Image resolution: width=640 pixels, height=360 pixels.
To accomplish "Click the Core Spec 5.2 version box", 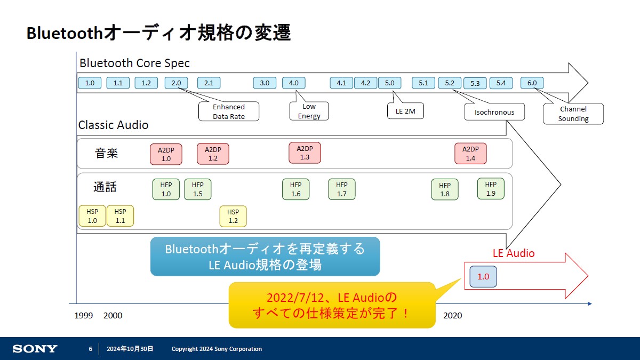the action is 450,83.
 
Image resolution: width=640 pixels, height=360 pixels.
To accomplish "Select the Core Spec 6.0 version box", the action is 532,83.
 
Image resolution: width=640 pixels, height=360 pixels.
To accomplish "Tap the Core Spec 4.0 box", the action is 294,83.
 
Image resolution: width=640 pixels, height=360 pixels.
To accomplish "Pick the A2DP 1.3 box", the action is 305,153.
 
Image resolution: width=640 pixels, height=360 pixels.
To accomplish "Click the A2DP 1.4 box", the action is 470,154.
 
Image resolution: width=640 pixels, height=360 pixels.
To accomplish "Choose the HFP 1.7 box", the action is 342,189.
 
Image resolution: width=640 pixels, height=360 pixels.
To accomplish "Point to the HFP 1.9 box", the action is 491,189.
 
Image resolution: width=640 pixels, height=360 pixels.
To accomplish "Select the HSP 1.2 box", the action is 233,217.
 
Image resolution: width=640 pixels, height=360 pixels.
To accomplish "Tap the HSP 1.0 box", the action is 92,215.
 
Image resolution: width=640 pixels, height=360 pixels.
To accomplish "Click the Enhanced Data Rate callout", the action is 229,111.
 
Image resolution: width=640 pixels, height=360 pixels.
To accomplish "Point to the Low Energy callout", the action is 309,111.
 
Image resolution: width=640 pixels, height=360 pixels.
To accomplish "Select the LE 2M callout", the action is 405,111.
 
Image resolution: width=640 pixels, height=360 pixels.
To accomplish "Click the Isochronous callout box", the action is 494,112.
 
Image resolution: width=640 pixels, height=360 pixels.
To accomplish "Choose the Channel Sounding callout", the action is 573,114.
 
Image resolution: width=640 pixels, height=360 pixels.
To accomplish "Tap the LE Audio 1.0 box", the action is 483,277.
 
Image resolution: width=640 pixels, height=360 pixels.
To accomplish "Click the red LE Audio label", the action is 514,253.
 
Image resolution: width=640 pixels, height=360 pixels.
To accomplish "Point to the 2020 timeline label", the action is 453,315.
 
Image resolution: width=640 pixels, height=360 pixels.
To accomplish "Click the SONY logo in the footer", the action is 35,349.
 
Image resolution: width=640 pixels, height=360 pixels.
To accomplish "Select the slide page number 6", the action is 91,349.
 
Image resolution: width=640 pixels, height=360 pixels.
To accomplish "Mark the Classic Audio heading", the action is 114,125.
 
